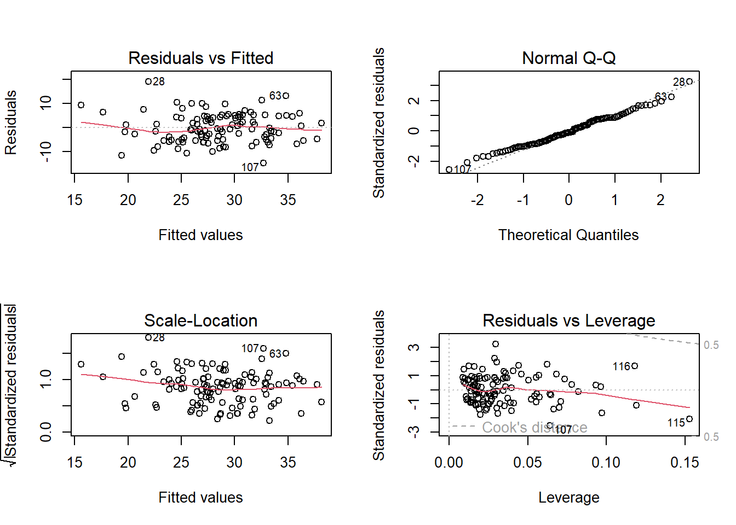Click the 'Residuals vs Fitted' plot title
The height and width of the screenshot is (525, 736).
(200, 58)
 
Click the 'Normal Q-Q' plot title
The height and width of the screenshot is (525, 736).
(568, 58)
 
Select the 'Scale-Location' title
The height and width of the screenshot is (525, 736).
(200, 320)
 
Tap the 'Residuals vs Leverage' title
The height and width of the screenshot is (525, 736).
(568, 320)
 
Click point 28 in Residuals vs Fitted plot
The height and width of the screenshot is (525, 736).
(148, 81)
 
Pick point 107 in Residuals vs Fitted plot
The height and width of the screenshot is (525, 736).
(263, 163)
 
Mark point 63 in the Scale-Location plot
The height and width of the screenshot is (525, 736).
(286, 353)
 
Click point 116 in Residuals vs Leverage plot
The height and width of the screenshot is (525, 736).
(635, 366)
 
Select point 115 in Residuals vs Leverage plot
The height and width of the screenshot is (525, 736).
(689, 419)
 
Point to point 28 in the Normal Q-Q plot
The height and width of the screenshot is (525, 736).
(689, 81)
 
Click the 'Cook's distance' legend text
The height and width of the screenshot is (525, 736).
(534, 427)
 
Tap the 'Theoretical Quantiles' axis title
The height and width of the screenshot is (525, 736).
(568, 235)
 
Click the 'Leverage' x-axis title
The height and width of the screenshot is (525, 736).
(568, 498)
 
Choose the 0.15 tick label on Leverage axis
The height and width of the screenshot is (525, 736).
(685, 463)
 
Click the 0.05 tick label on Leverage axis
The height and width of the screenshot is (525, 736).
(527, 463)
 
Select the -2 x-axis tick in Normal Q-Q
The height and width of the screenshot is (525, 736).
(477, 200)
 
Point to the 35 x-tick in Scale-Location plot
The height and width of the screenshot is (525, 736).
(288, 463)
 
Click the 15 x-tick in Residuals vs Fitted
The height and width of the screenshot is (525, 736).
(75, 200)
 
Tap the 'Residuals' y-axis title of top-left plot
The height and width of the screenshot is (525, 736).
(11, 122)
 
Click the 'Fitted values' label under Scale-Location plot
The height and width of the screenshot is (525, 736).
(200, 498)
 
